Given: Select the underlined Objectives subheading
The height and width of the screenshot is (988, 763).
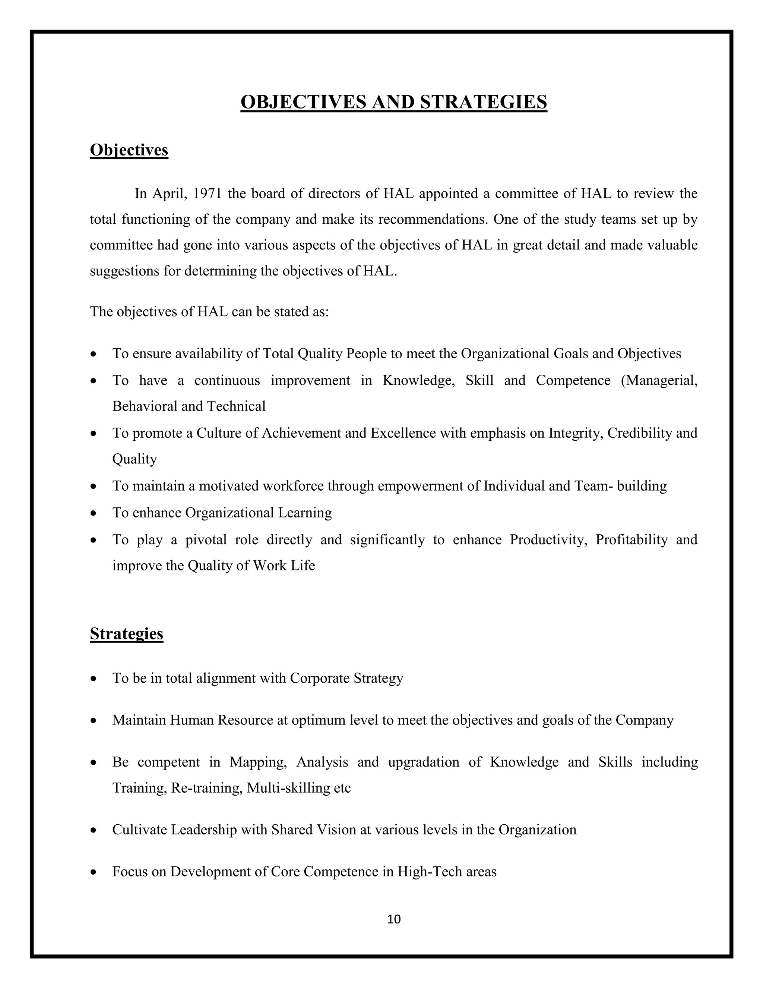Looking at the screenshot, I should point(129,150).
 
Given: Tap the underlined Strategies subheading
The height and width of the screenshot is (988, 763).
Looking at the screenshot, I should point(126,633).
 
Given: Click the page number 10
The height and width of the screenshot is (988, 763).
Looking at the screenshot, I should point(394,919).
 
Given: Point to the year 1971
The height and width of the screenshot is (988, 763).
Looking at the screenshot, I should point(207,193).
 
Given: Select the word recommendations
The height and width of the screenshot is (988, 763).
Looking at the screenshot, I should point(433,219).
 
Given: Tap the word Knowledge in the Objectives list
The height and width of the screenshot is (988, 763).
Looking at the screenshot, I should point(418,380).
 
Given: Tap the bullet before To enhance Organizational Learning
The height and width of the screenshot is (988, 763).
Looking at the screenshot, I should point(94,513).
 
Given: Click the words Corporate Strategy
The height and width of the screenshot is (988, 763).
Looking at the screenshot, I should point(346,678).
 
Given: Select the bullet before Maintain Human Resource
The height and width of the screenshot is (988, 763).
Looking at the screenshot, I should point(94,721).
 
